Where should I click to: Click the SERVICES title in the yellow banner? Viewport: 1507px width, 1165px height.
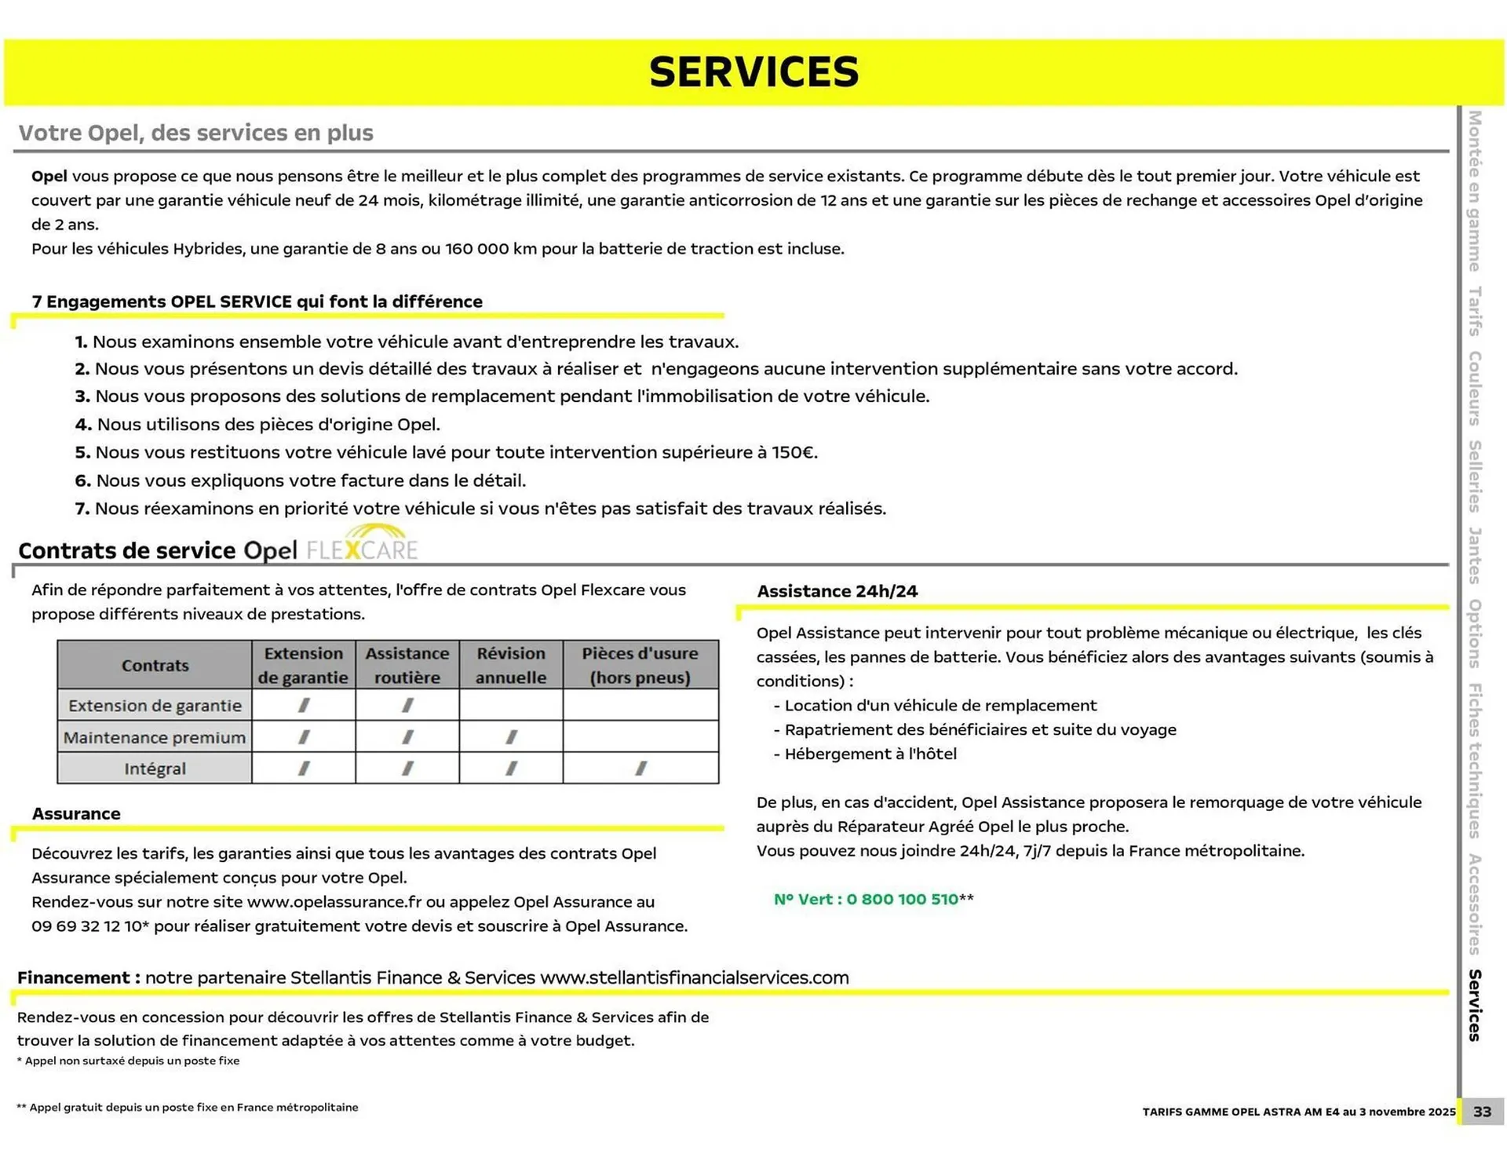tap(753, 72)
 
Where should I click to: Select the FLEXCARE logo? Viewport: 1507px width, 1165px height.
tap(362, 548)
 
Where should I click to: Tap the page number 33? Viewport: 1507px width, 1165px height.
tap(1482, 1112)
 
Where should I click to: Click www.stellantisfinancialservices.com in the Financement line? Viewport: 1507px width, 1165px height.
tap(695, 978)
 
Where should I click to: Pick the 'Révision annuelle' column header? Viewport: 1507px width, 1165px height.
tap(511, 665)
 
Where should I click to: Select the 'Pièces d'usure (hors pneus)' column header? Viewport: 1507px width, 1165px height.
tap(640, 665)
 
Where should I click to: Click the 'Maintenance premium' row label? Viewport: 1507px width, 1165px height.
tap(155, 738)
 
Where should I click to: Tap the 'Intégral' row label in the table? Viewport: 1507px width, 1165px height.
tap(155, 769)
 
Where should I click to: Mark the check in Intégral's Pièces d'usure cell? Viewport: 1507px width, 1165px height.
tap(640, 769)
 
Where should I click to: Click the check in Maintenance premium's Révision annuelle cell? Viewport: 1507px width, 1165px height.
tap(511, 737)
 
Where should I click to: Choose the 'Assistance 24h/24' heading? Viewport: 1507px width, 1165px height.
tap(837, 592)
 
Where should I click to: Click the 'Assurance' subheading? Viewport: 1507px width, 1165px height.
tap(76, 814)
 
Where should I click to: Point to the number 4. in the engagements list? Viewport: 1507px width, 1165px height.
tap(83, 425)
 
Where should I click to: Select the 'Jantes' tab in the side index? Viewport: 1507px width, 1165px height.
tap(1475, 555)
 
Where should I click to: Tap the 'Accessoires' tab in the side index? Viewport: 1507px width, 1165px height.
tap(1475, 904)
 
